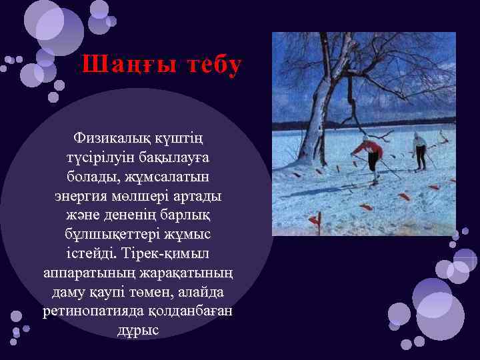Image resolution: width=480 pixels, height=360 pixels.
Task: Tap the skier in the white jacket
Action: click(x=419, y=151)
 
